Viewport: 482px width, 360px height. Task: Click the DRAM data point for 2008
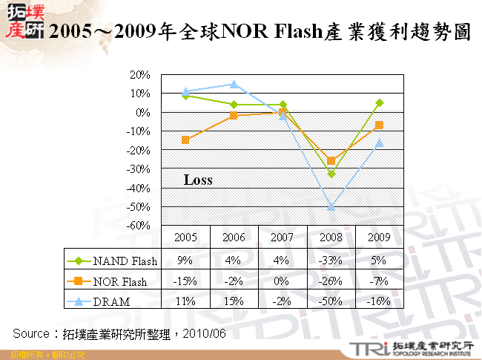click(331, 207)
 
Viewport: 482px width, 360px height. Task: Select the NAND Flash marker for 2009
click(380, 103)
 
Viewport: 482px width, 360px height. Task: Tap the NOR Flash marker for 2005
click(185, 140)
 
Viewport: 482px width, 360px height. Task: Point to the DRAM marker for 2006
click(234, 85)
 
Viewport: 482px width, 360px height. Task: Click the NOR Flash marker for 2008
click(331, 160)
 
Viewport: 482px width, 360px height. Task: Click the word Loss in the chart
click(198, 180)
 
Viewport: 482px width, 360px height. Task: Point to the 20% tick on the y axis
click(140, 75)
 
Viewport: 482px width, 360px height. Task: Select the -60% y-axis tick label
click(139, 226)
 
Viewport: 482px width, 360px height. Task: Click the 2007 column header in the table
click(283, 238)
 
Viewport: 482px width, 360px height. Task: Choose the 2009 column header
click(379, 238)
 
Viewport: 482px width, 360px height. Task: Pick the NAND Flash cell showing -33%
click(331, 261)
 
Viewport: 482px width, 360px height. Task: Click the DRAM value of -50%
click(331, 301)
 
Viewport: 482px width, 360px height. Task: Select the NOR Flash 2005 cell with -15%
click(185, 281)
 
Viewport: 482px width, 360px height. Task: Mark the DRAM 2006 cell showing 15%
click(234, 301)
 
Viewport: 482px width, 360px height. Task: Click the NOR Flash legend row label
click(120, 281)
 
